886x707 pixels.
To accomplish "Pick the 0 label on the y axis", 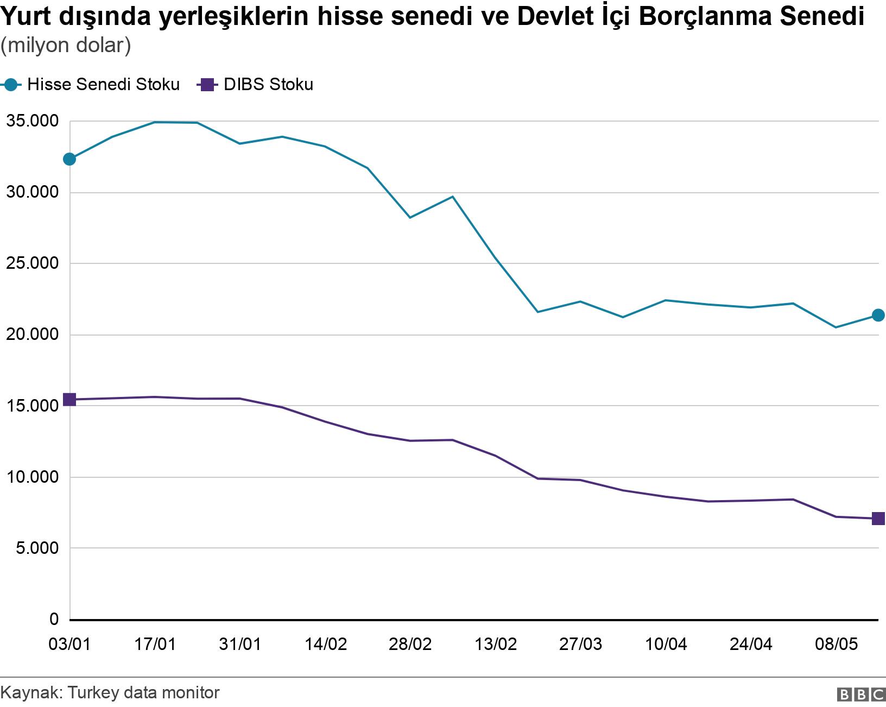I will [53, 619].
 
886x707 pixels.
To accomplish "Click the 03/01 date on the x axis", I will [69, 644].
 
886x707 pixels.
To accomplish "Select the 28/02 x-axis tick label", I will [410, 644].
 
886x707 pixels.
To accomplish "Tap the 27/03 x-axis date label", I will [581, 644].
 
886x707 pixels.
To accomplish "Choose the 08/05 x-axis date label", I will [836, 644].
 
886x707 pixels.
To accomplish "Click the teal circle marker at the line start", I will [69, 159].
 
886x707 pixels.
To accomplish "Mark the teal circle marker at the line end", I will [878, 315].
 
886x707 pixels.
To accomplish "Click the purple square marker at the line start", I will [69, 400].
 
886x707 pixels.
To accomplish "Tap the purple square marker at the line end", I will [878, 519].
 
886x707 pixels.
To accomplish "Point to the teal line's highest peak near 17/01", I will [155, 122].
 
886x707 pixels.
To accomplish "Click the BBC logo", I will [861, 695].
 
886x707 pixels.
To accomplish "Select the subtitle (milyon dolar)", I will [66, 46].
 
